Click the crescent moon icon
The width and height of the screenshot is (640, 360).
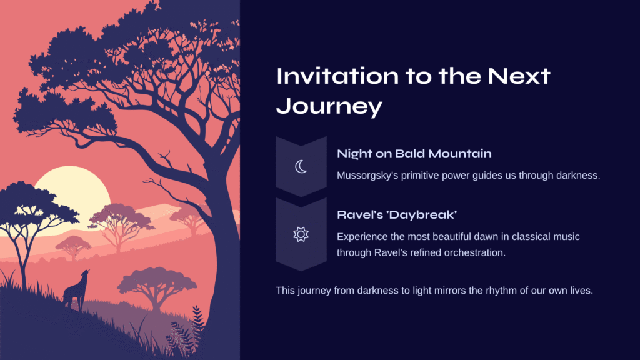(x=299, y=167)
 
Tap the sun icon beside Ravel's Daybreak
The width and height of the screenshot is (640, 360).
(x=301, y=234)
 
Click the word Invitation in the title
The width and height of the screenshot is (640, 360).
(x=337, y=76)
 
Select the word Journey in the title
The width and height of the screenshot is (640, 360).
(x=329, y=106)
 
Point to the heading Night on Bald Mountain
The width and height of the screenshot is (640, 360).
(x=414, y=154)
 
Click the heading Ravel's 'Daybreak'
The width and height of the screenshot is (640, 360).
(x=397, y=215)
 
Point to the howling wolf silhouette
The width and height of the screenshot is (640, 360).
(x=76, y=291)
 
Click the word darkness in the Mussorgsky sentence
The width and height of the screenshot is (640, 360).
(x=578, y=176)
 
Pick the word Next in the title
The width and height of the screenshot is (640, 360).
(x=519, y=76)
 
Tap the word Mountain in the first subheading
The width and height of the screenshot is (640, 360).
(x=460, y=154)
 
